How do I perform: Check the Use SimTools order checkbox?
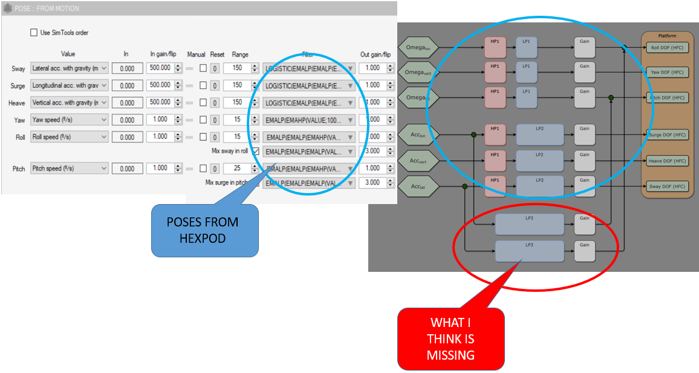point(34,33)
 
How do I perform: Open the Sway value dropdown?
point(69,68)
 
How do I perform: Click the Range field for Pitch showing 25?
point(237,168)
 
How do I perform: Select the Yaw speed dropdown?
point(69,120)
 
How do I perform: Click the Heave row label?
point(17,103)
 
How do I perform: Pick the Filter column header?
point(308,54)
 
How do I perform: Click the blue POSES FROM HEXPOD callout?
point(205,230)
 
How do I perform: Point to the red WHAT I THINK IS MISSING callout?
point(450,338)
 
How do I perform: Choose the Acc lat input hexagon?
point(417,187)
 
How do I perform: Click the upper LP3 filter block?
point(530,224)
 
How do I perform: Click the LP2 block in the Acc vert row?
point(539,161)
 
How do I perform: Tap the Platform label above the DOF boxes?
point(668,36)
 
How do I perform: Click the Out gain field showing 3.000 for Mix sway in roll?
point(372,151)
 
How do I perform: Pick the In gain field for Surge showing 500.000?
point(161,85)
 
